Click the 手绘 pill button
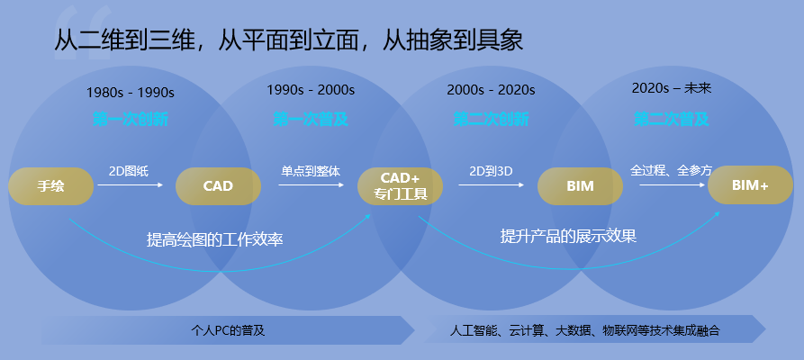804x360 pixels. [x=51, y=186]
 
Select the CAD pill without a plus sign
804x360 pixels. [x=218, y=186]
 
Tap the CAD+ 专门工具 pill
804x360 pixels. [x=400, y=186]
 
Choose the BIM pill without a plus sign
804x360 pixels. [x=580, y=186]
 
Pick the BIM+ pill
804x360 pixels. [x=750, y=185]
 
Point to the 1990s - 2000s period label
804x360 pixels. [x=311, y=90]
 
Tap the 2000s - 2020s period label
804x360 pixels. [x=491, y=90]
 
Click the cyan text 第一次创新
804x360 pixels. [x=131, y=119]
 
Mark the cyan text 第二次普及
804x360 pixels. [x=672, y=118]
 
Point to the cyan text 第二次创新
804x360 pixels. [x=491, y=119]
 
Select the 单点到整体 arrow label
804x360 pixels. [x=311, y=170]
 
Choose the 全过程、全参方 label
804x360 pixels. [x=672, y=169]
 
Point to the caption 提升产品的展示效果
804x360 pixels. [x=568, y=236]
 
